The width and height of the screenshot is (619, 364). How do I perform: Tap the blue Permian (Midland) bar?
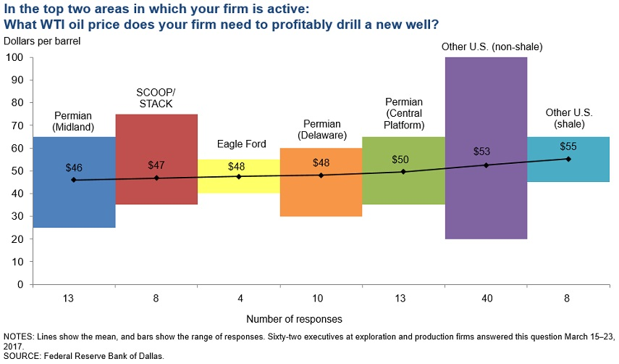point(74,203)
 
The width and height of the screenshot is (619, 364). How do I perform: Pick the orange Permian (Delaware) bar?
point(321,196)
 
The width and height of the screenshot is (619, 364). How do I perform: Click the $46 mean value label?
point(74,167)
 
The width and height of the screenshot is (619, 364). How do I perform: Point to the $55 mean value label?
point(568,146)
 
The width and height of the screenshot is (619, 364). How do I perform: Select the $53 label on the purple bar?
point(486,152)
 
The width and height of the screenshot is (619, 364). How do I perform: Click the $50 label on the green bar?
point(403,159)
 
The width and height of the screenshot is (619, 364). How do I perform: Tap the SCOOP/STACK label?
point(156,98)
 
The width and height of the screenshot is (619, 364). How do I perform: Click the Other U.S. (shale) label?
point(568,118)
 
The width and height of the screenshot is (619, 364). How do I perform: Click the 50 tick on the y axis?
point(17,171)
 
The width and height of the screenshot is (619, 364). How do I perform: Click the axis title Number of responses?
point(294,318)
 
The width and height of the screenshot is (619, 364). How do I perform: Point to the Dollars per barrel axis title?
point(42,41)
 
